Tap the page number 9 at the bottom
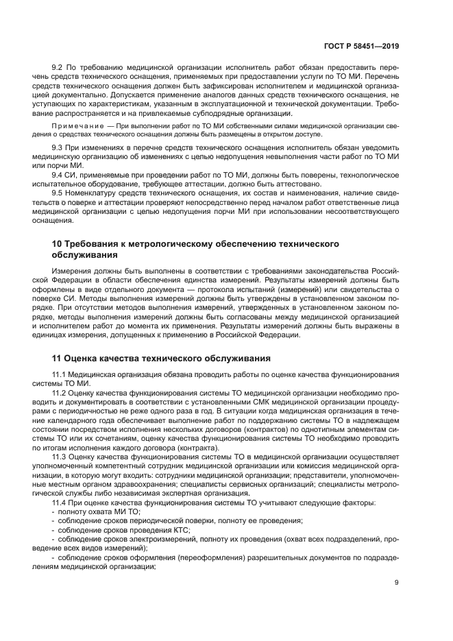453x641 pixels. [397, 583]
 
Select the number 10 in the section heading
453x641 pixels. [58, 244]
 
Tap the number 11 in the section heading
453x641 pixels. [58, 358]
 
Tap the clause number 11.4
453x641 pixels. [60, 503]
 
